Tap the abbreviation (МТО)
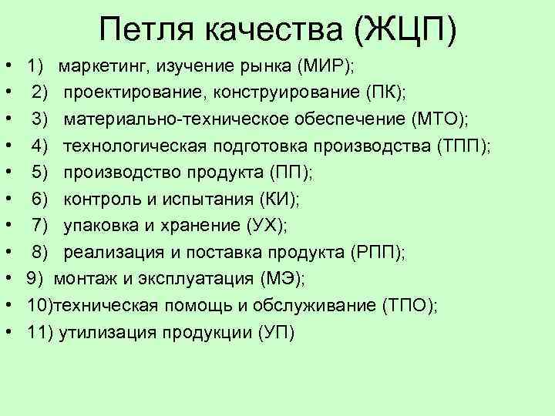click(440, 119)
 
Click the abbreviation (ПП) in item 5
click(287, 173)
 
